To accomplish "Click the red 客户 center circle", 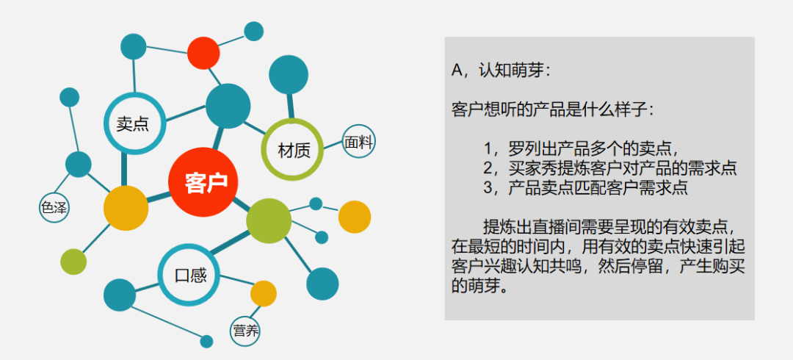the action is [x=203, y=182].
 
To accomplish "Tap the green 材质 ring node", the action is [x=266, y=149].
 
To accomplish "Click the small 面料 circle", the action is [x=359, y=143].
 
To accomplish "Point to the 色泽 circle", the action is [x=54, y=208].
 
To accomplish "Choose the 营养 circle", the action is [x=245, y=331].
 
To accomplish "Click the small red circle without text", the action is [x=203, y=53].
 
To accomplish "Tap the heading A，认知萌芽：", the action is [x=500, y=71].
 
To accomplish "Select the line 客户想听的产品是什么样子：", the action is [x=553, y=109].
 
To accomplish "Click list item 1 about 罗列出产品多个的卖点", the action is [x=581, y=148].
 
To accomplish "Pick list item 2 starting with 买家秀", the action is [x=610, y=168].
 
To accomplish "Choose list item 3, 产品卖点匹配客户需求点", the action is [x=586, y=187].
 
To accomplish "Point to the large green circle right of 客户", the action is [x=269, y=220].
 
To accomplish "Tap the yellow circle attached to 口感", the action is [x=264, y=293].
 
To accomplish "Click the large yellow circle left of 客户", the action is [x=126, y=208].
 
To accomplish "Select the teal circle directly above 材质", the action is [x=289, y=75].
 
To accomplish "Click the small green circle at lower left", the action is [x=73, y=262].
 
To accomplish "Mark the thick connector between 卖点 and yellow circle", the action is [x=124, y=170].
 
